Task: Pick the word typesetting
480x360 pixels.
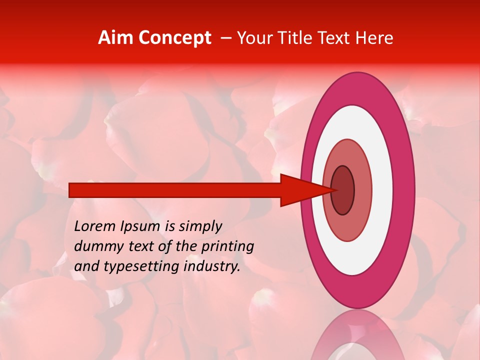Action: tap(133, 267)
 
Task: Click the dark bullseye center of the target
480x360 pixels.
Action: tap(343, 190)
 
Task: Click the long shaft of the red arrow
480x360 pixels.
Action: tap(175, 190)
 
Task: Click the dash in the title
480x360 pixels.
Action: tap(225, 38)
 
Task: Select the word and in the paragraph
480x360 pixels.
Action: tap(86, 266)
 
